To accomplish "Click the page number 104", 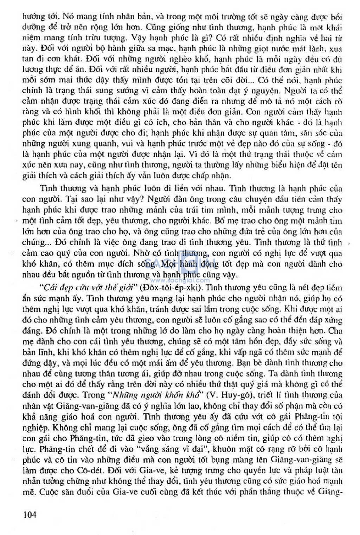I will click(x=30, y=515).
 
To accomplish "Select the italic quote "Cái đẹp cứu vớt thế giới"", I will click(x=88, y=288).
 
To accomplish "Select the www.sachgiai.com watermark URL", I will click(x=180, y=281).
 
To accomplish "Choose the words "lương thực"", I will click(x=40, y=70).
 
